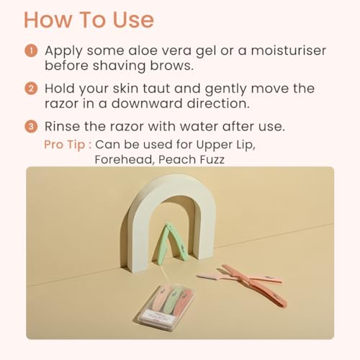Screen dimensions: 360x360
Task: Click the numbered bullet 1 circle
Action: click(x=31, y=51)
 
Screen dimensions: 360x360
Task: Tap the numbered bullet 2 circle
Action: click(x=31, y=89)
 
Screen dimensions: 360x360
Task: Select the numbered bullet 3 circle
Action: click(x=31, y=126)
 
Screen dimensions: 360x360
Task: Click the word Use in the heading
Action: click(x=133, y=19)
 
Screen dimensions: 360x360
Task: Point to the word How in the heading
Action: click(x=48, y=19)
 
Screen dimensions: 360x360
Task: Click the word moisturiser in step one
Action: click(x=289, y=50)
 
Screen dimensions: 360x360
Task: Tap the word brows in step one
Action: click(x=171, y=66)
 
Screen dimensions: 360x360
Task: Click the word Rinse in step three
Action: click(x=62, y=126)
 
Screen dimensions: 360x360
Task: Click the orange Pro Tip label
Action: click(x=68, y=145)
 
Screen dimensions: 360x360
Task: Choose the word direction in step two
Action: click(x=218, y=104)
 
